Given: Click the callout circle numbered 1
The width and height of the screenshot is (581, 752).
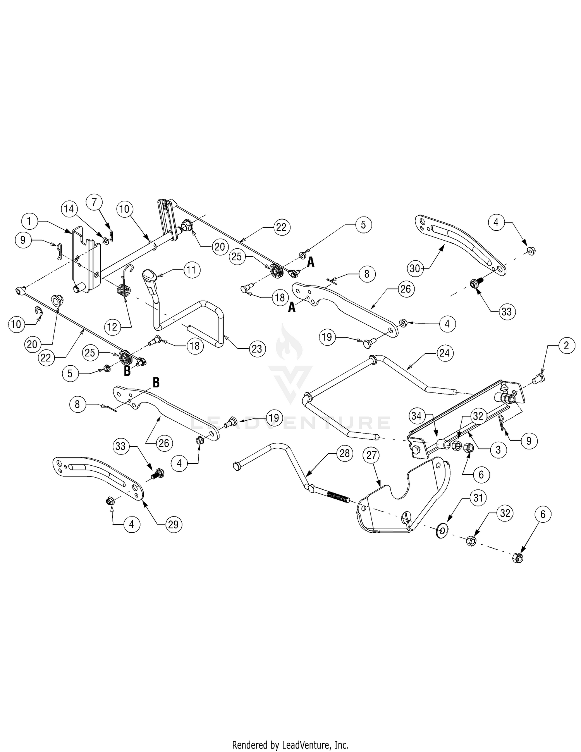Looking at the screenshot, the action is coord(29,222).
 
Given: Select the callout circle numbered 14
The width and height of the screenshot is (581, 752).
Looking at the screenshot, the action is coord(69,209).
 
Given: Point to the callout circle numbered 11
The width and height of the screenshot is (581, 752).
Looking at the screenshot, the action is coord(192,270).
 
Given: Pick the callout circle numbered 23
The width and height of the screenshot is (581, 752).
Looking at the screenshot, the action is coord(257,349).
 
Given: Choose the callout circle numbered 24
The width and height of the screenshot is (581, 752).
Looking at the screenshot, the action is coord(444,353).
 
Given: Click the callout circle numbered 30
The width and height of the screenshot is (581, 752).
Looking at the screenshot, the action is coord(415,268).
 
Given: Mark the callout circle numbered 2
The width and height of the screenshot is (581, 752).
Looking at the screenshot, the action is coord(567,346).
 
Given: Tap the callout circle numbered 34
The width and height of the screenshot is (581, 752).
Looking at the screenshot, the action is coord(417,417).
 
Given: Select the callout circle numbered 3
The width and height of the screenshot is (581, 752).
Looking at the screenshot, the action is coord(498,450).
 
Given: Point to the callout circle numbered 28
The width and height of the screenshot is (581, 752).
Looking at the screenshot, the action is coord(344,453).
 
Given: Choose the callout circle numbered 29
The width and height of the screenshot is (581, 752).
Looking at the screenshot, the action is coord(173,525).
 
